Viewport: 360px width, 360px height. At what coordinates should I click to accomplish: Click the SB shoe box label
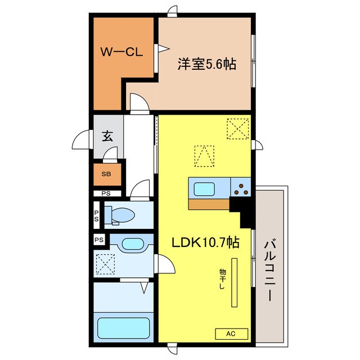pyautogui.click(x=106, y=174)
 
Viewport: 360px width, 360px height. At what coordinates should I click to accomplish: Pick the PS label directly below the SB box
pyautogui.click(x=106, y=193)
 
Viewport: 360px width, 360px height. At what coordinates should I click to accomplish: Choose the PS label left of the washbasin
pyautogui.click(x=99, y=240)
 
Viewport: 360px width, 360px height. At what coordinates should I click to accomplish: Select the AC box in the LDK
pyautogui.click(x=231, y=334)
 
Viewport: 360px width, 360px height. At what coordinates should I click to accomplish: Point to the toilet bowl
pyautogui.click(x=123, y=215)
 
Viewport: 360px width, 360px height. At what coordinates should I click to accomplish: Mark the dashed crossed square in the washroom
pyautogui.click(x=105, y=263)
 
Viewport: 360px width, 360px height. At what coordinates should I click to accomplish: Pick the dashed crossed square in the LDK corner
pyautogui.click(x=238, y=128)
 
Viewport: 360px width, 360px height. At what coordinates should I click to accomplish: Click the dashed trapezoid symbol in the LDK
pyautogui.click(x=204, y=156)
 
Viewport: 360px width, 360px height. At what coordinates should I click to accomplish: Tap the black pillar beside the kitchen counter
pyautogui.click(x=245, y=212)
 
